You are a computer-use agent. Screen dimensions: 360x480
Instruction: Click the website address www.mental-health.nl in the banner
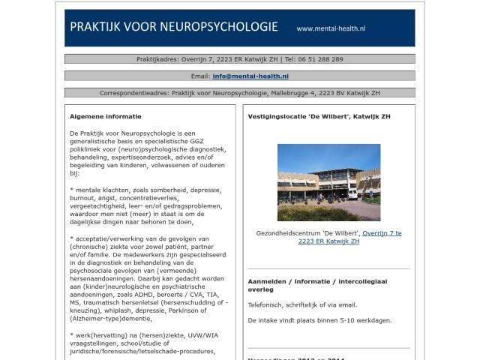tap(331, 28)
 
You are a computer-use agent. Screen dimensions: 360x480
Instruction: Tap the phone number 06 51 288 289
tap(320, 58)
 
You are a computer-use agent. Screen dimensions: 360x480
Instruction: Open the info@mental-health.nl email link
tap(250, 76)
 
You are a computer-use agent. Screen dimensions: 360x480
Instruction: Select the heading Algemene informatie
tap(105, 116)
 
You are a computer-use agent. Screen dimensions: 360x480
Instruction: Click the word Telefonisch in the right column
tap(266, 305)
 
